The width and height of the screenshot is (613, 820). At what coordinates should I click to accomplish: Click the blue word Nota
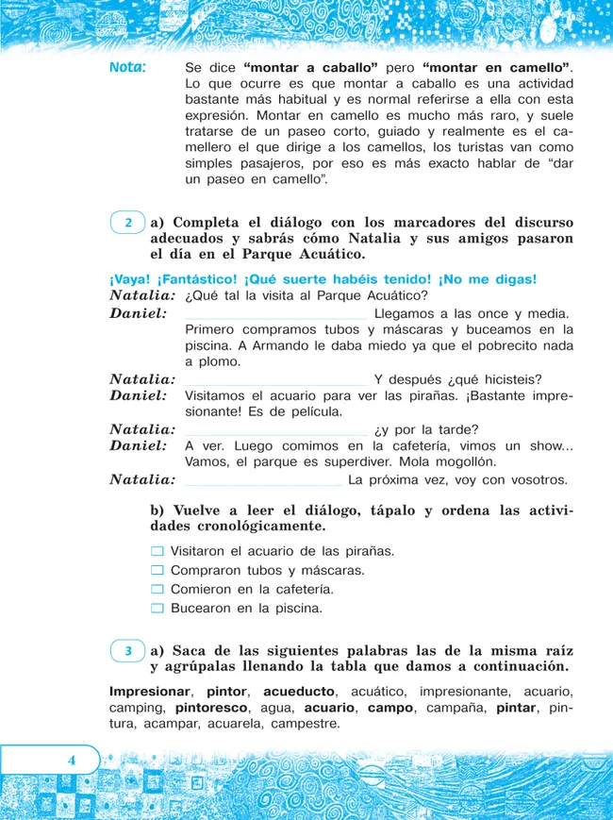coord(127,68)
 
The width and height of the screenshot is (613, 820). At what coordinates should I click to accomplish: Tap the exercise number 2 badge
coord(127,224)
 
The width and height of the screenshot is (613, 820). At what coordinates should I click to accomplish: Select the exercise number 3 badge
coord(127,651)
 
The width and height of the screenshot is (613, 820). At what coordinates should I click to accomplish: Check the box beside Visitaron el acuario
coord(157,550)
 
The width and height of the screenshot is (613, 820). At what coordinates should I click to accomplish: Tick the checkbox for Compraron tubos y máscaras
coord(157,570)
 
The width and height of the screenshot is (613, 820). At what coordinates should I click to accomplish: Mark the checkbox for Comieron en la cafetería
coord(157,589)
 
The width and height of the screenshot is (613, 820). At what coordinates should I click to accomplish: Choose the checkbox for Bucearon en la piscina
coord(157,609)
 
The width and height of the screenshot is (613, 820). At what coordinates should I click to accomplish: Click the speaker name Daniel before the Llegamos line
coord(139,313)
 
